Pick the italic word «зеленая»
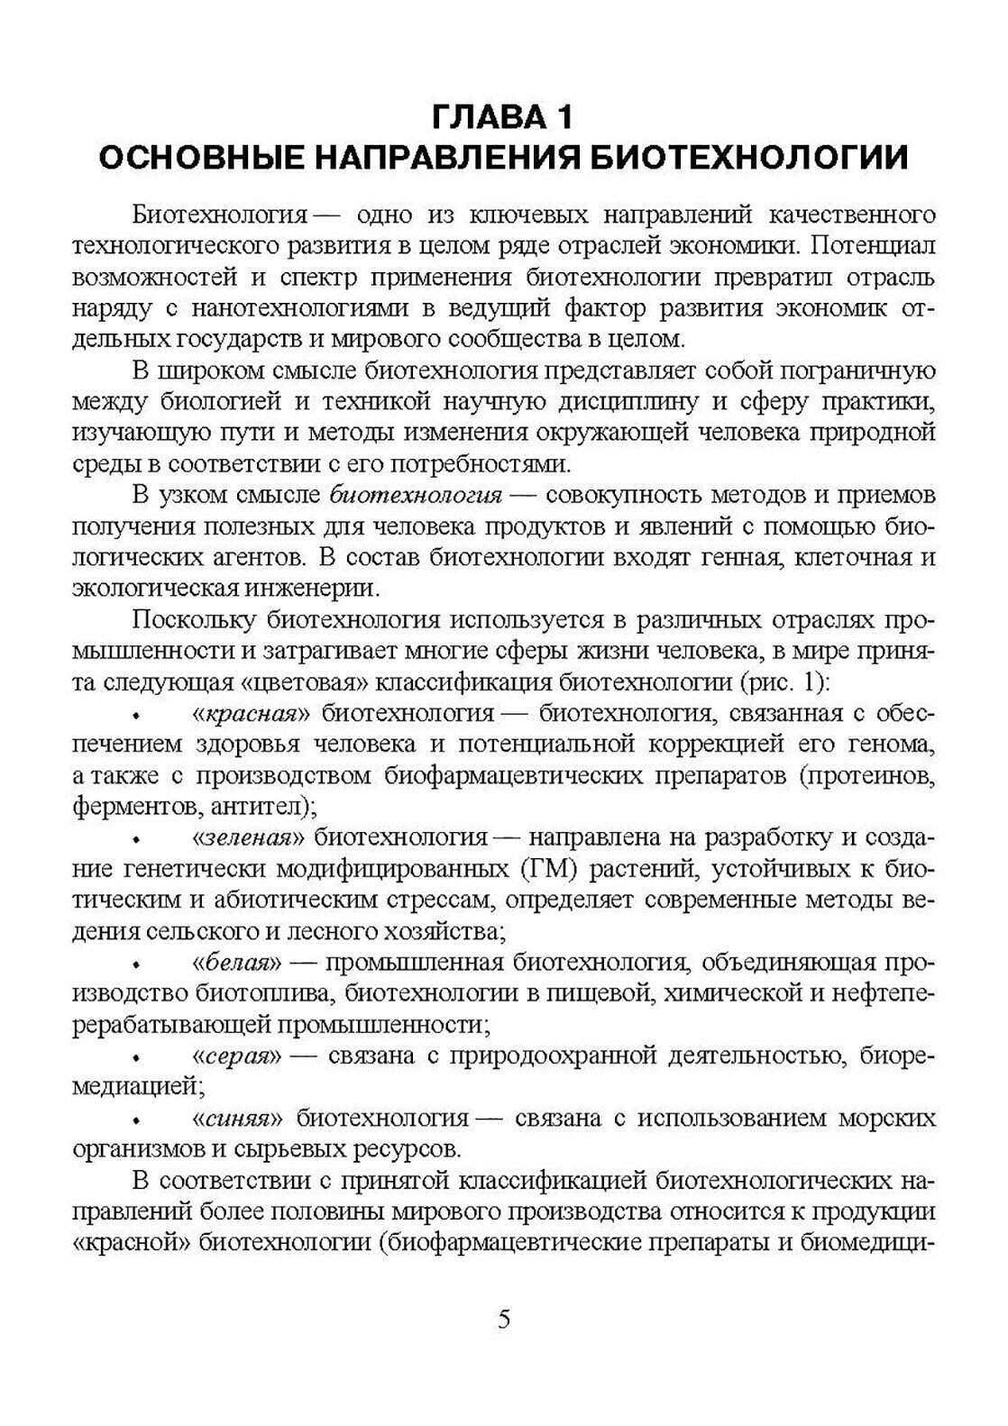pyautogui.click(x=252, y=837)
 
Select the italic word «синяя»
pyautogui.click(x=239, y=1118)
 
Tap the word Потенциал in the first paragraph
pyautogui.click(x=877, y=245)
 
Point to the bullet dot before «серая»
pyautogui.click(x=138, y=1056)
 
